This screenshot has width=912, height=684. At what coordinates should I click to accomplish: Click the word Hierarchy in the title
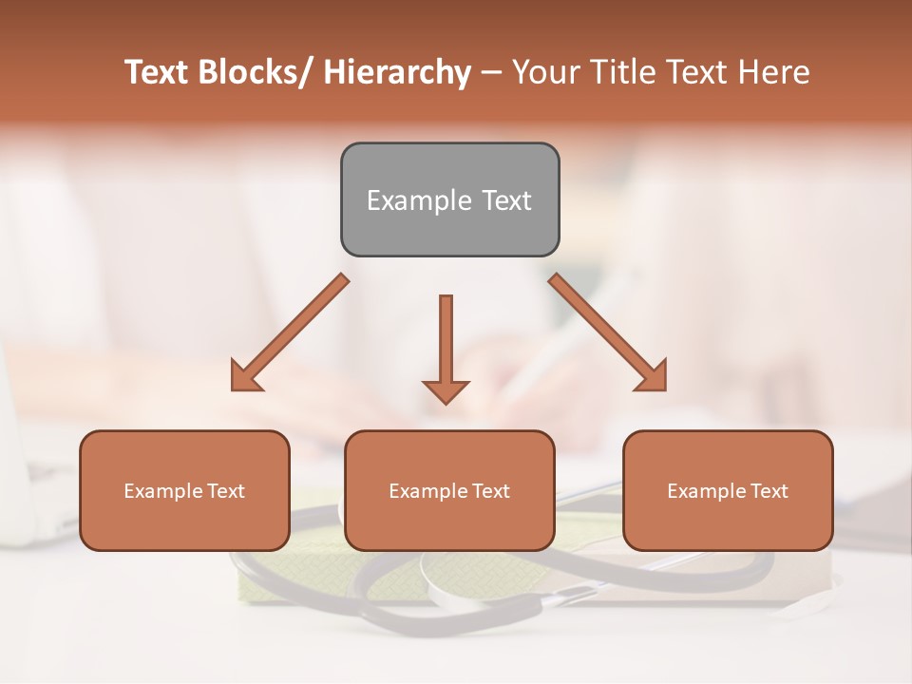(x=397, y=72)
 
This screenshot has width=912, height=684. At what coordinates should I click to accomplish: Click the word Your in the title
(x=545, y=72)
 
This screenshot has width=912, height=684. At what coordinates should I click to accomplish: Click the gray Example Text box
(x=449, y=199)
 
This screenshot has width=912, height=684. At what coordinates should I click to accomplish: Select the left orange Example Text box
(x=184, y=490)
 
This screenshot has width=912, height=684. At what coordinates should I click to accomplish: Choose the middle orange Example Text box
(x=449, y=490)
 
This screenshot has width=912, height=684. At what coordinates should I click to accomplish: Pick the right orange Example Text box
(x=728, y=490)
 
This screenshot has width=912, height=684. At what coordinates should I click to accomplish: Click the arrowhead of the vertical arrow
(x=446, y=390)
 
